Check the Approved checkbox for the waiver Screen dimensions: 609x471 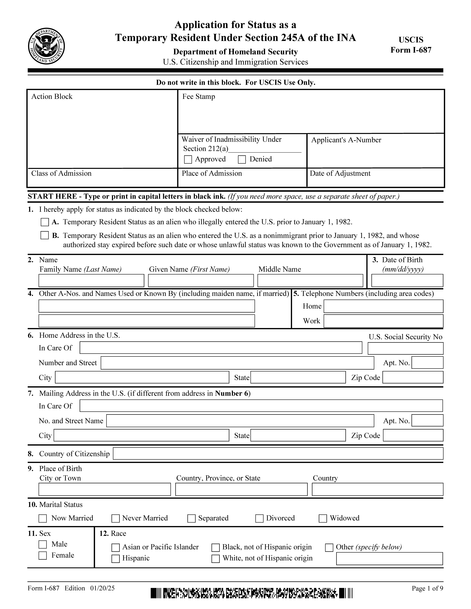coord(188,160)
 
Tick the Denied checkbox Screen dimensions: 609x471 coord(242,160)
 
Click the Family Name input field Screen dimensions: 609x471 coord(91,280)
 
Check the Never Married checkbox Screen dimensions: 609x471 coord(116,518)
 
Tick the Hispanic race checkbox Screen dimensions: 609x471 coord(116,559)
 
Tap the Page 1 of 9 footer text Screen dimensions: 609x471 coord(427,588)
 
